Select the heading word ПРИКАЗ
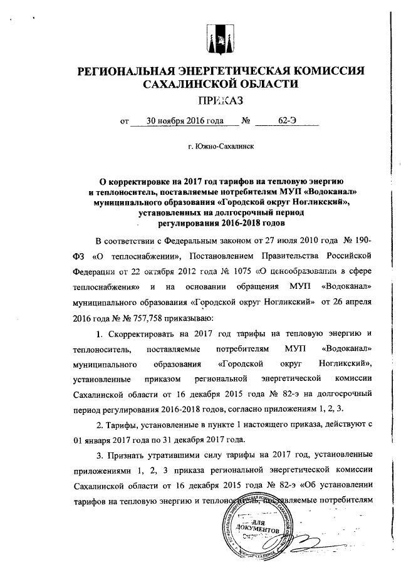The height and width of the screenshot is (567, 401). coord(219,100)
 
